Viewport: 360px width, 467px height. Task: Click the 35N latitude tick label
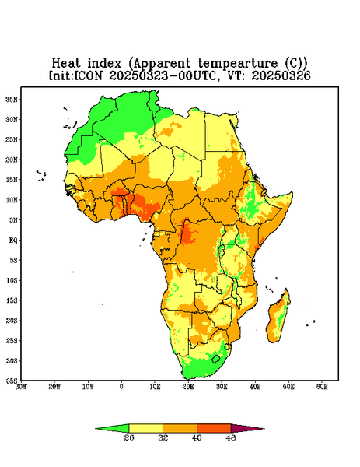tap(12, 99)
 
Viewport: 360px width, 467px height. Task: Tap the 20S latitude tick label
tap(12, 321)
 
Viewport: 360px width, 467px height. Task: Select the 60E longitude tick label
tap(322, 387)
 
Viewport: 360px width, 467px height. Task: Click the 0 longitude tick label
tap(121, 387)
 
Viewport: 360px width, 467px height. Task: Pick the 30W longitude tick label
tap(21, 387)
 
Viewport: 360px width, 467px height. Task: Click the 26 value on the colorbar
tap(129, 437)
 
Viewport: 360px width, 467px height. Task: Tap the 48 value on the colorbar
tap(231, 437)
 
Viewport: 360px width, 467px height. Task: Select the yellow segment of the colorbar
tap(145, 428)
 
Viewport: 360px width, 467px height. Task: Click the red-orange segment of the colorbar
tap(214, 428)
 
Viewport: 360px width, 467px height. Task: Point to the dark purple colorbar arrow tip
tap(264, 429)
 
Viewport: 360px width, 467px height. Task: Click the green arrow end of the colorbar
tap(96, 429)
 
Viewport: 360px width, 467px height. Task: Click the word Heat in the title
tap(66, 64)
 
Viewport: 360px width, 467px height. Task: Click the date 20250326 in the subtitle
tap(281, 75)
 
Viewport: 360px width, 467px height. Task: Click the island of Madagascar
tap(279, 318)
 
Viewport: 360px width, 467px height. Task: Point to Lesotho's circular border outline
tap(212, 360)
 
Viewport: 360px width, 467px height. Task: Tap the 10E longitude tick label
tap(155, 387)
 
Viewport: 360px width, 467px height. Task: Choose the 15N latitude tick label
tap(12, 180)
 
